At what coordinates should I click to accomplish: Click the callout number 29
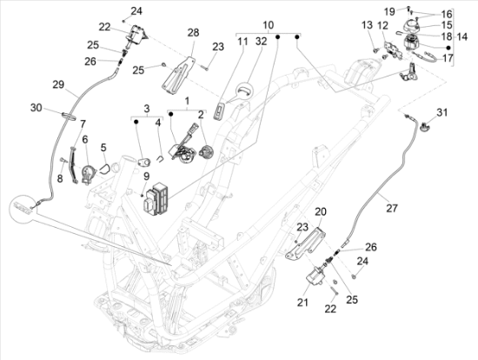tap(58, 84)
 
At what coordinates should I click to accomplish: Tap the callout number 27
tap(392, 208)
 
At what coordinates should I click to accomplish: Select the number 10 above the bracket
tap(269, 24)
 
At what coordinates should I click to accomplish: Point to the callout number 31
tap(442, 112)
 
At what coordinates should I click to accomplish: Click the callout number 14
tap(462, 37)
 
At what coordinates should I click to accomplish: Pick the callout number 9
tap(146, 176)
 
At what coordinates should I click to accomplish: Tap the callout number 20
tap(321, 211)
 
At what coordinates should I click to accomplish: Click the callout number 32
tap(262, 42)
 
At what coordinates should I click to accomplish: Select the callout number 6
tap(85, 140)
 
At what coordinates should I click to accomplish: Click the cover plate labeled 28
tap(179, 76)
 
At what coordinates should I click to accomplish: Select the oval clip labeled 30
tap(70, 117)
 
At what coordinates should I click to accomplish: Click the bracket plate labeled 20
tap(305, 243)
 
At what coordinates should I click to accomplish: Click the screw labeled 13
tap(375, 50)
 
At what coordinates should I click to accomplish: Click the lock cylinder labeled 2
tap(206, 151)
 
